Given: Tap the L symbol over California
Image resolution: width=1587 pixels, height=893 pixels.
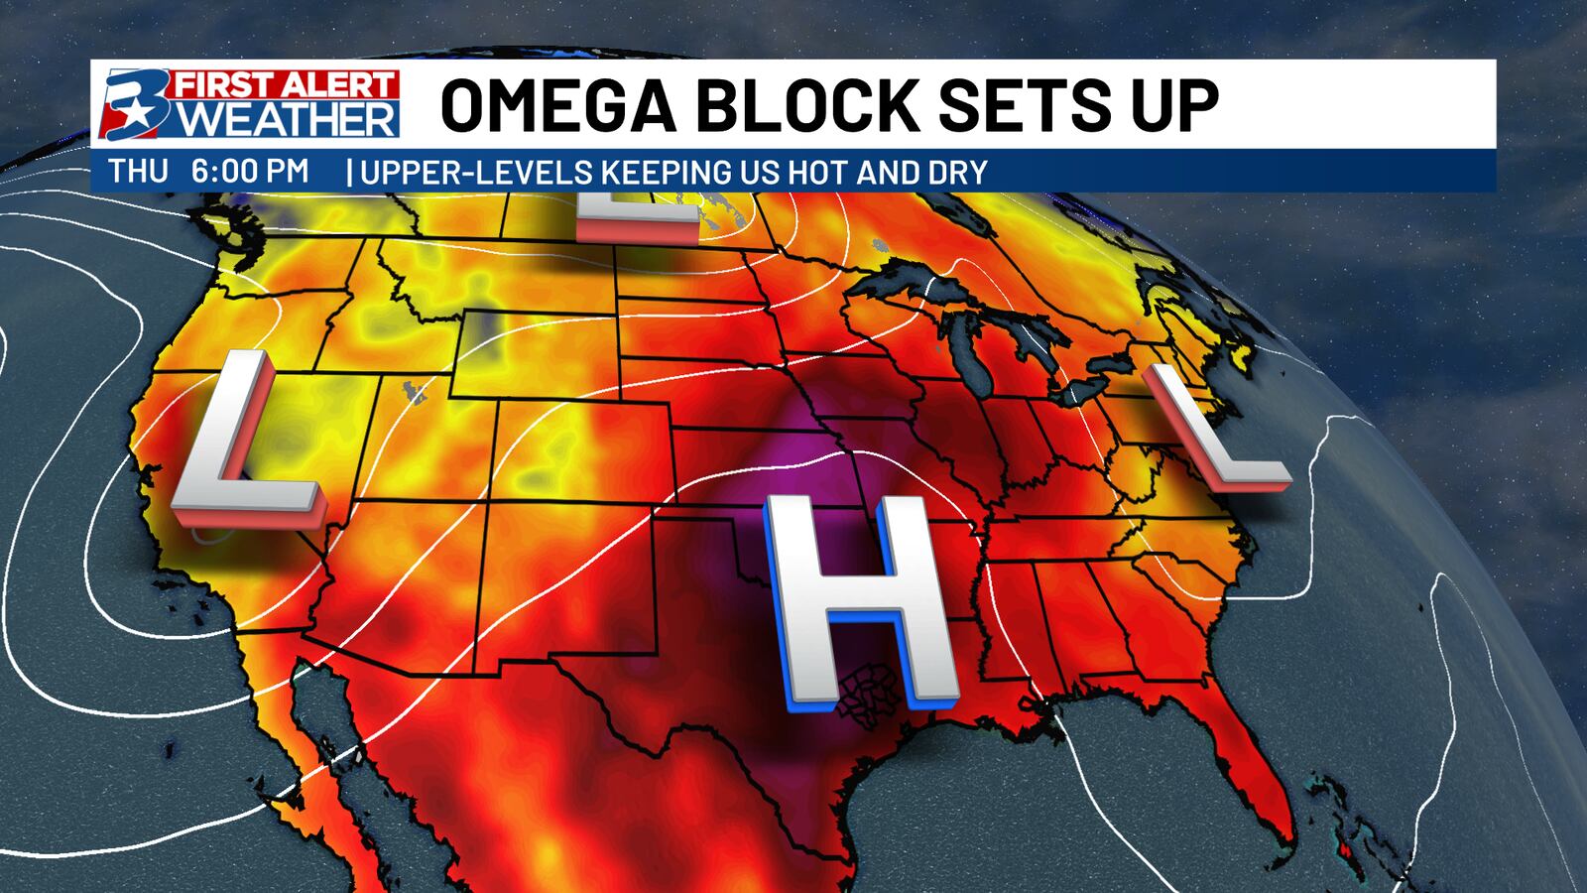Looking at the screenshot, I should pos(245,441).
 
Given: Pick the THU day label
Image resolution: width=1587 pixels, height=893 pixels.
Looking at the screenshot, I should pos(138,172).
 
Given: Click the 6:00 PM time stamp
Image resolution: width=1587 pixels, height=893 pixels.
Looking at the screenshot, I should pos(250,172).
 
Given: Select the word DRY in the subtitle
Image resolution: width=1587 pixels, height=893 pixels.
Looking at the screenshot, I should pos(958,173).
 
